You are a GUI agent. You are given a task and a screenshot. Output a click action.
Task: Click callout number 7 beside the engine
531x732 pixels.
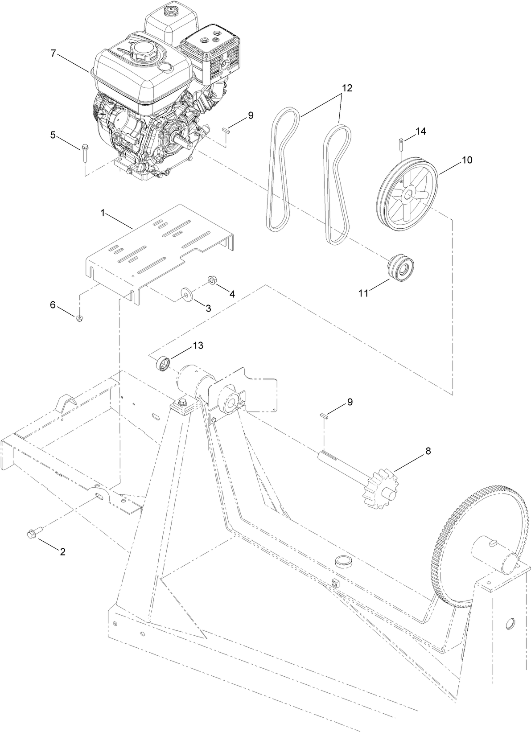pyautogui.click(x=53, y=53)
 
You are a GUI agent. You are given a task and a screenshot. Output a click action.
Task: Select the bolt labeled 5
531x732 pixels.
pyautogui.click(x=84, y=152)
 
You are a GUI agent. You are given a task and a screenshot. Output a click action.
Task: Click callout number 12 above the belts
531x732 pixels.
pyautogui.click(x=347, y=88)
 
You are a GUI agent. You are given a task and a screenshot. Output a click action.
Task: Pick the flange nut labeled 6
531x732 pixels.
pyautogui.click(x=79, y=318)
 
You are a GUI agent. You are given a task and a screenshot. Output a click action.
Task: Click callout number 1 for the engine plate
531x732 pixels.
pyautogui.click(x=102, y=214)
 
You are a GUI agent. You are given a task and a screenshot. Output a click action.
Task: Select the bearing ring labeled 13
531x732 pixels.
pyautogui.click(x=163, y=363)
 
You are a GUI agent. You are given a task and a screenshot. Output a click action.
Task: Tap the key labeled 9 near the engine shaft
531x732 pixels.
pyautogui.click(x=226, y=130)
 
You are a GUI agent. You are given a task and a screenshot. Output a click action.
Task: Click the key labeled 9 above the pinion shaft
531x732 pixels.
pyautogui.click(x=325, y=415)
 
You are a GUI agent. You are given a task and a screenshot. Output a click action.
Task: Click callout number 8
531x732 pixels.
pyautogui.click(x=428, y=451)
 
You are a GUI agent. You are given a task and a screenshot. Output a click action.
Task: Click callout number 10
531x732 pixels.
pyautogui.click(x=466, y=160)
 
